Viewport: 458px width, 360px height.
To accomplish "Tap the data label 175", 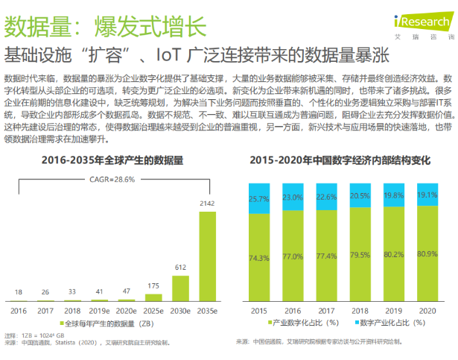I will coord(153,285).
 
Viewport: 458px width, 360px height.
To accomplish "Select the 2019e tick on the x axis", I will coord(100,307).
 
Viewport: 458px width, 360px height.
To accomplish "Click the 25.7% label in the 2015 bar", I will coord(258,199).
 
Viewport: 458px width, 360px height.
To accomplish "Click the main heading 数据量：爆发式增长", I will coord(105,27).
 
